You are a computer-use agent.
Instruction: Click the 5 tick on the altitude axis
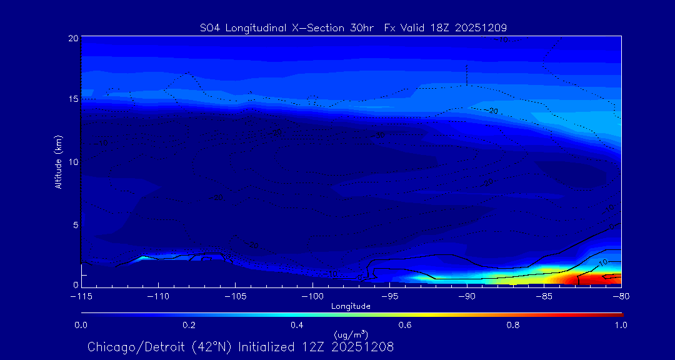click(76, 224)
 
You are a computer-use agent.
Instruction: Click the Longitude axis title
click(351, 306)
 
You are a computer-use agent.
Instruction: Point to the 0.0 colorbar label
click(81, 325)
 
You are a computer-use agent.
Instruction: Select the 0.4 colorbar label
click(297, 325)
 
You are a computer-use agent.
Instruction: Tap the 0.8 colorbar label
click(513, 325)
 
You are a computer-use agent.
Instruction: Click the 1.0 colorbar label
click(621, 325)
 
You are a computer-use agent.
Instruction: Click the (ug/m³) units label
click(351, 334)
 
